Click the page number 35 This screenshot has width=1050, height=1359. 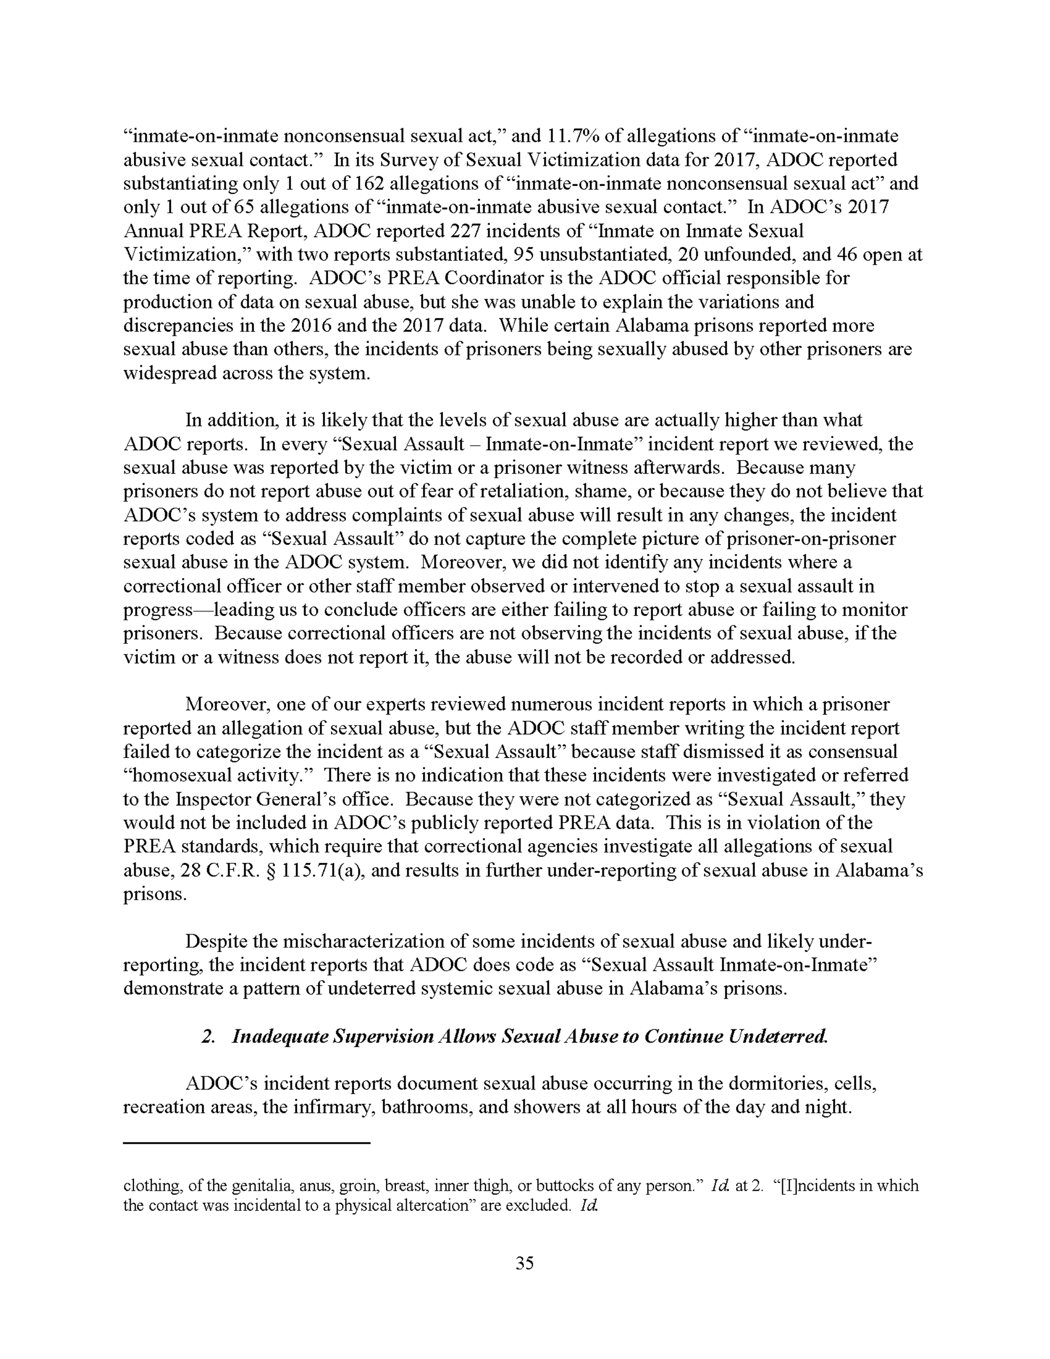tap(524, 1263)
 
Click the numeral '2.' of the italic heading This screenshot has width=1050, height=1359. tap(208, 1037)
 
